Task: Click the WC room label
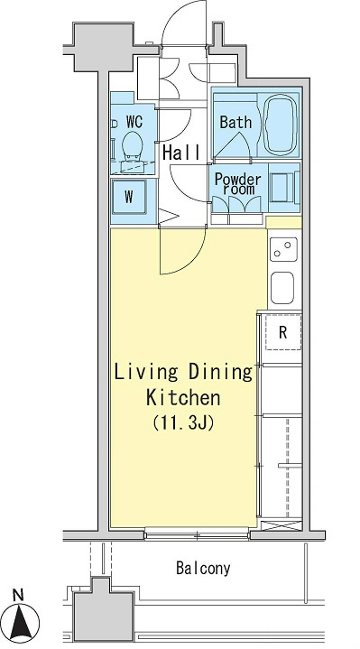click(134, 122)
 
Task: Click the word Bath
click(235, 122)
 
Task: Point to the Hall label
click(181, 153)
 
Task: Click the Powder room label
click(237, 184)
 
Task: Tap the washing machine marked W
click(129, 197)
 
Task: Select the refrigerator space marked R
click(283, 332)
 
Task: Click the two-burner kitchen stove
click(283, 249)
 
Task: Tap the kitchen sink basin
click(282, 288)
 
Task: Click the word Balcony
click(203, 568)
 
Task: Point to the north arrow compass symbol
click(23, 622)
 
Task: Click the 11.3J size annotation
click(183, 422)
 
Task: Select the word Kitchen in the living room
click(183, 398)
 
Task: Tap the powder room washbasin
click(282, 188)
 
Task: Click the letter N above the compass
click(18, 596)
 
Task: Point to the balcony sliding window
click(197, 534)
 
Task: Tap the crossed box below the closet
click(282, 525)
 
